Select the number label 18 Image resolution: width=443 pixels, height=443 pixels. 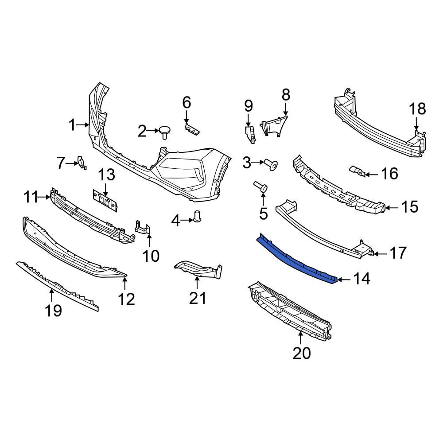click(417, 109)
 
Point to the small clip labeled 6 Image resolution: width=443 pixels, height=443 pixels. click(192, 129)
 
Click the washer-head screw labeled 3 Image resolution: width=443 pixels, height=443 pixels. click(272, 165)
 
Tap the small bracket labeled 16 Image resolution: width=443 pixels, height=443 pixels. click(357, 171)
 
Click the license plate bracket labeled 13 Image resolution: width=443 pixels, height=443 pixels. click(105, 200)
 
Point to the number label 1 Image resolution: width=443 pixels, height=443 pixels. click(72, 125)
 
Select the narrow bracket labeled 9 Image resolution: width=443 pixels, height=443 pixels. click(250, 134)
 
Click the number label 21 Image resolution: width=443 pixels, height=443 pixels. click(198, 298)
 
